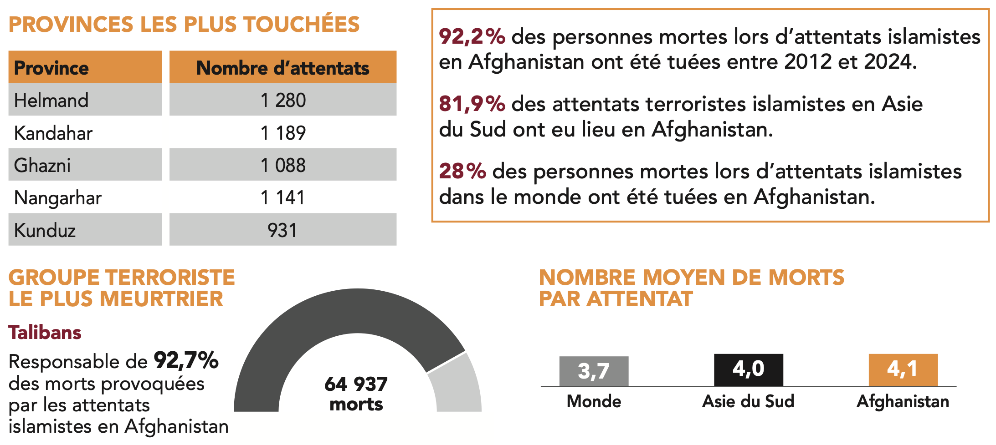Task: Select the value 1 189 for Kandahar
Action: click(283, 133)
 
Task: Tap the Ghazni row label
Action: click(42, 165)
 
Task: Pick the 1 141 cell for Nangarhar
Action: click(283, 198)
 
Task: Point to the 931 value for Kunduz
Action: click(282, 230)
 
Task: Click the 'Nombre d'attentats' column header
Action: click(283, 68)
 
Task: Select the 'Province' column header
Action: click(51, 68)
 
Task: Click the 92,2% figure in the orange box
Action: click(472, 36)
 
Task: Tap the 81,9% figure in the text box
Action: click(472, 104)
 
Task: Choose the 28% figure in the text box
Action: click(462, 171)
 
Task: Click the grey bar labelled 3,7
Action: click(594, 371)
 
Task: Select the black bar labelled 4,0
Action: click(749, 369)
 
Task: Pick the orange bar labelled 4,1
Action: click(903, 369)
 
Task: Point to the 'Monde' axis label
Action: click(594, 401)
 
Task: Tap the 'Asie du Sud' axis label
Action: click(748, 401)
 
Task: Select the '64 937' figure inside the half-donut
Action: click(356, 384)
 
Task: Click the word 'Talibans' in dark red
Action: click(45, 333)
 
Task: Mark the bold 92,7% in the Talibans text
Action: click(186, 360)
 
